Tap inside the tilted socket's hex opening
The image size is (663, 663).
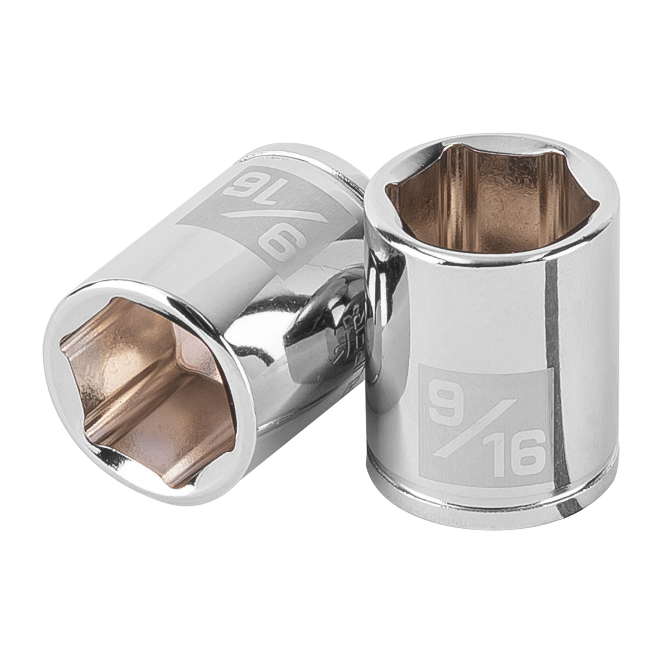pos(147,368)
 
